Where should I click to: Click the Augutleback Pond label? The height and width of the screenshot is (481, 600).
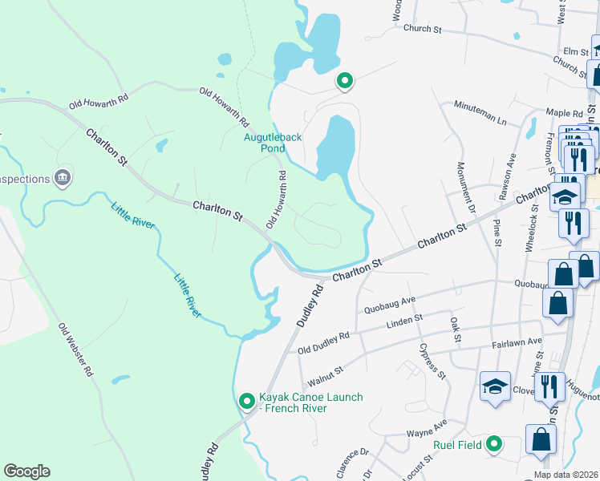273,142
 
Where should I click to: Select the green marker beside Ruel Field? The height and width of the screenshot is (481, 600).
495,443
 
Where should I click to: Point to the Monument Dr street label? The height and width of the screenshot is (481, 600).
465,191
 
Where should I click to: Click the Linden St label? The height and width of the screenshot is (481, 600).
405,320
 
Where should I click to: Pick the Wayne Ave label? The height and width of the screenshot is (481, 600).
428,428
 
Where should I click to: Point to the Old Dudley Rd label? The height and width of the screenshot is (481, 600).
323,342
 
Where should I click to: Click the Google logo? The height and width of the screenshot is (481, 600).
26,471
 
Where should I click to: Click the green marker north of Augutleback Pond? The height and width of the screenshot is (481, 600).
345,81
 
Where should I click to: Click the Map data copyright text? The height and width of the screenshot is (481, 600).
566,475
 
